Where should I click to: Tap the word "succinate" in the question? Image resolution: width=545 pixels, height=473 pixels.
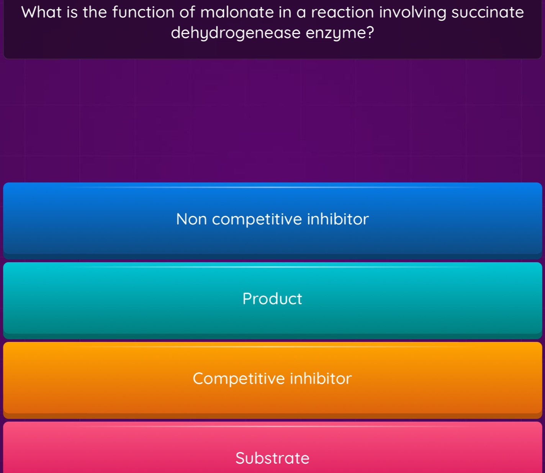tap(487, 12)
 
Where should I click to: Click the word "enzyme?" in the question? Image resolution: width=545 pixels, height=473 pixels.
tap(340, 33)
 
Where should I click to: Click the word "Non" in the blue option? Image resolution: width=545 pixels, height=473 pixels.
tap(191, 219)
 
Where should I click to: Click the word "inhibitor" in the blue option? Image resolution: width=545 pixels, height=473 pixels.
tap(338, 219)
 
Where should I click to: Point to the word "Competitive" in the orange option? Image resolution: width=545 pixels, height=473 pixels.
tap(239, 379)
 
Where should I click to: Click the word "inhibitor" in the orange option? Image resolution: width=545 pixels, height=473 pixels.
tap(321, 379)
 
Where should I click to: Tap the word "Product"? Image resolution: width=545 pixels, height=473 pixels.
tap(272, 299)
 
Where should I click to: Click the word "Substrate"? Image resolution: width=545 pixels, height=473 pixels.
tap(272, 458)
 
